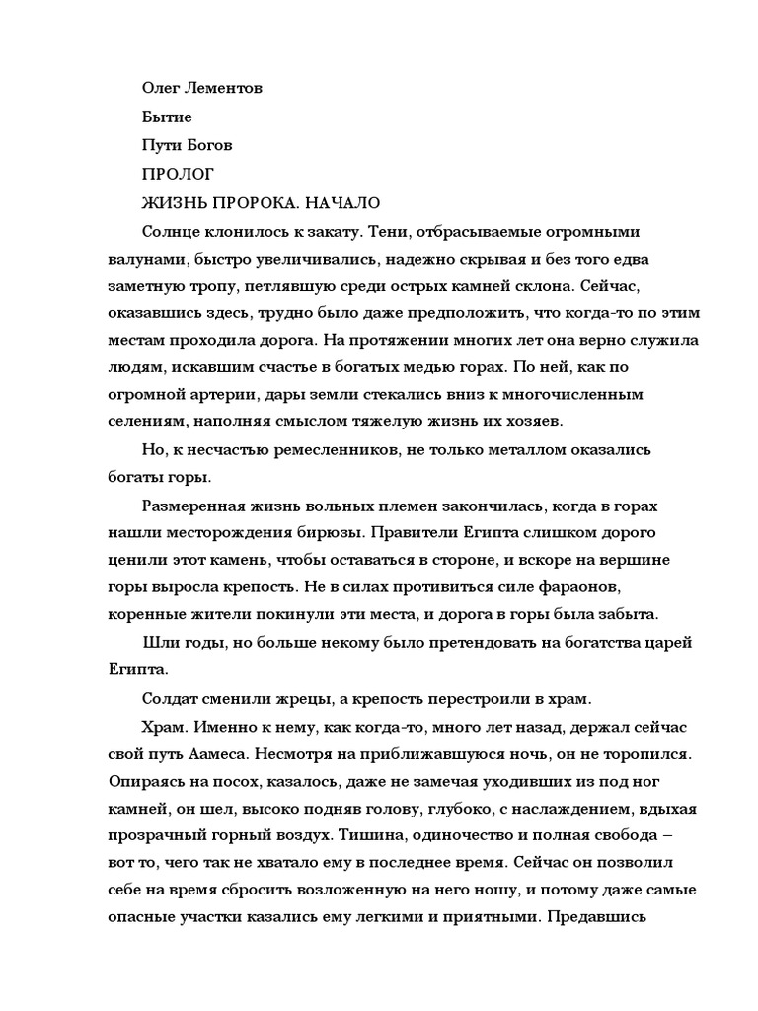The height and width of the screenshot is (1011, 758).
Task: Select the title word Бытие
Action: coord(168,117)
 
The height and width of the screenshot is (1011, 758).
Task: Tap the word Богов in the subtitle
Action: coord(208,146)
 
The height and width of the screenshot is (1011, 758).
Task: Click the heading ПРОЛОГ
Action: coord(179,175)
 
